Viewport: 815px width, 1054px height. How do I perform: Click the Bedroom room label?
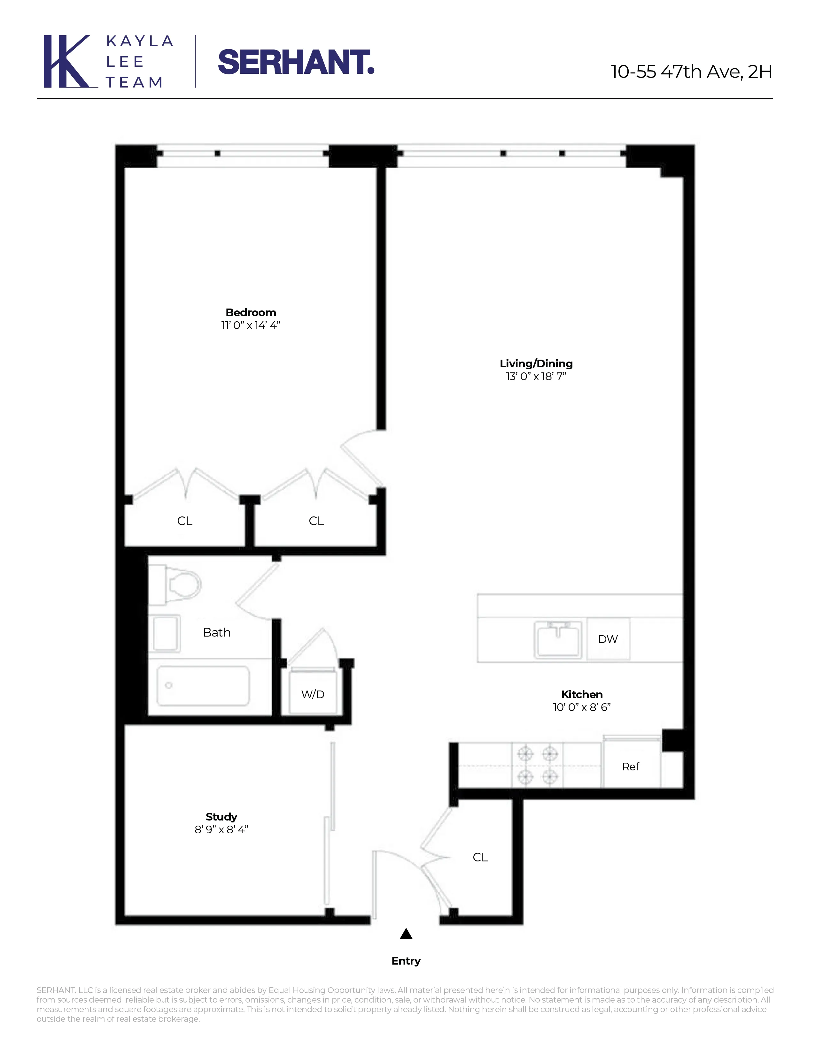[251, 312]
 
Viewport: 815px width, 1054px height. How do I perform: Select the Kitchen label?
[581, 694]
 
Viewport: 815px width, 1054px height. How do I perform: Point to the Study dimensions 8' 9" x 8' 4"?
[221, 829]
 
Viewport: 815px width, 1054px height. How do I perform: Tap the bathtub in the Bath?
[203, 686]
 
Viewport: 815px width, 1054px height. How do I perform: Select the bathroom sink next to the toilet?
[166, 633]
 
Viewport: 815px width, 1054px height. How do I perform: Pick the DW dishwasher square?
[608, 639]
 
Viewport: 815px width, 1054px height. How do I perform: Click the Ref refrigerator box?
[631, 766]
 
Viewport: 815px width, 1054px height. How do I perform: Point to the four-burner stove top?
[537, 765]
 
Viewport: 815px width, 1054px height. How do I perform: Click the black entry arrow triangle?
[406, 934]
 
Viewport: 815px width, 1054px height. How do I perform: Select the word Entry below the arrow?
[406, 961]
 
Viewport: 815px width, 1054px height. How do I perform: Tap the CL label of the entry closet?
[480, 857]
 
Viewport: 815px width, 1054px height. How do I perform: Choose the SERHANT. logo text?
[296, 62]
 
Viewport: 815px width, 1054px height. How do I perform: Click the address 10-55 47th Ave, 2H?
[691, 72]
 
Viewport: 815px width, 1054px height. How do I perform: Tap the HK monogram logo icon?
[67, 61]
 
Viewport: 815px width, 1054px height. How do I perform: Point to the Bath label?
[216, 632]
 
